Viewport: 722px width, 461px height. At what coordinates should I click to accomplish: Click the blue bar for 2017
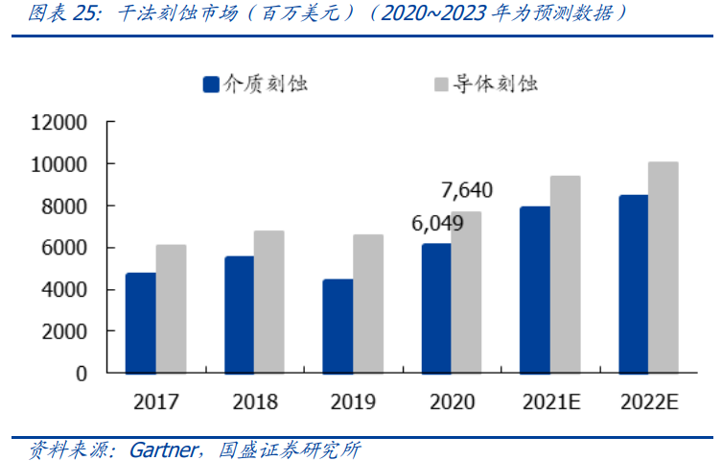click(140, 323)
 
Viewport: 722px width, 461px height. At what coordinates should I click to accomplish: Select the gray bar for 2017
click(171, 308)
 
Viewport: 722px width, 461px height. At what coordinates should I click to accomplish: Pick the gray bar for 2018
click(269, 302)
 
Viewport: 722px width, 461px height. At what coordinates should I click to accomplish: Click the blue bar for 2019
click(338, 326)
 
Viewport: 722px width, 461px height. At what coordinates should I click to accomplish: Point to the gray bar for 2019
click(368, 303)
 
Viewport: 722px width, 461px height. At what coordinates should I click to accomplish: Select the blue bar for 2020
click(436, 308)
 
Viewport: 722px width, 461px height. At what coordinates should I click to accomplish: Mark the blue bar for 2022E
click(634, 283)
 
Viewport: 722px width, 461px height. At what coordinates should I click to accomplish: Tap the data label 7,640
click(466, 190)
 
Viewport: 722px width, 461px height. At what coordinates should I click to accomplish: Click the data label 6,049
click(437, 223)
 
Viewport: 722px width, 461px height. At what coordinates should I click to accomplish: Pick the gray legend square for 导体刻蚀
click(442, 85)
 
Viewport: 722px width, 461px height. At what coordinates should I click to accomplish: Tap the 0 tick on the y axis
click(82, 373)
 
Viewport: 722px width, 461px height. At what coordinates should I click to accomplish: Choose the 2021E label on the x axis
click(550, 402)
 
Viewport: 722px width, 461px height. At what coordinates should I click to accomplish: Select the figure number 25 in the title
click(85, 12)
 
